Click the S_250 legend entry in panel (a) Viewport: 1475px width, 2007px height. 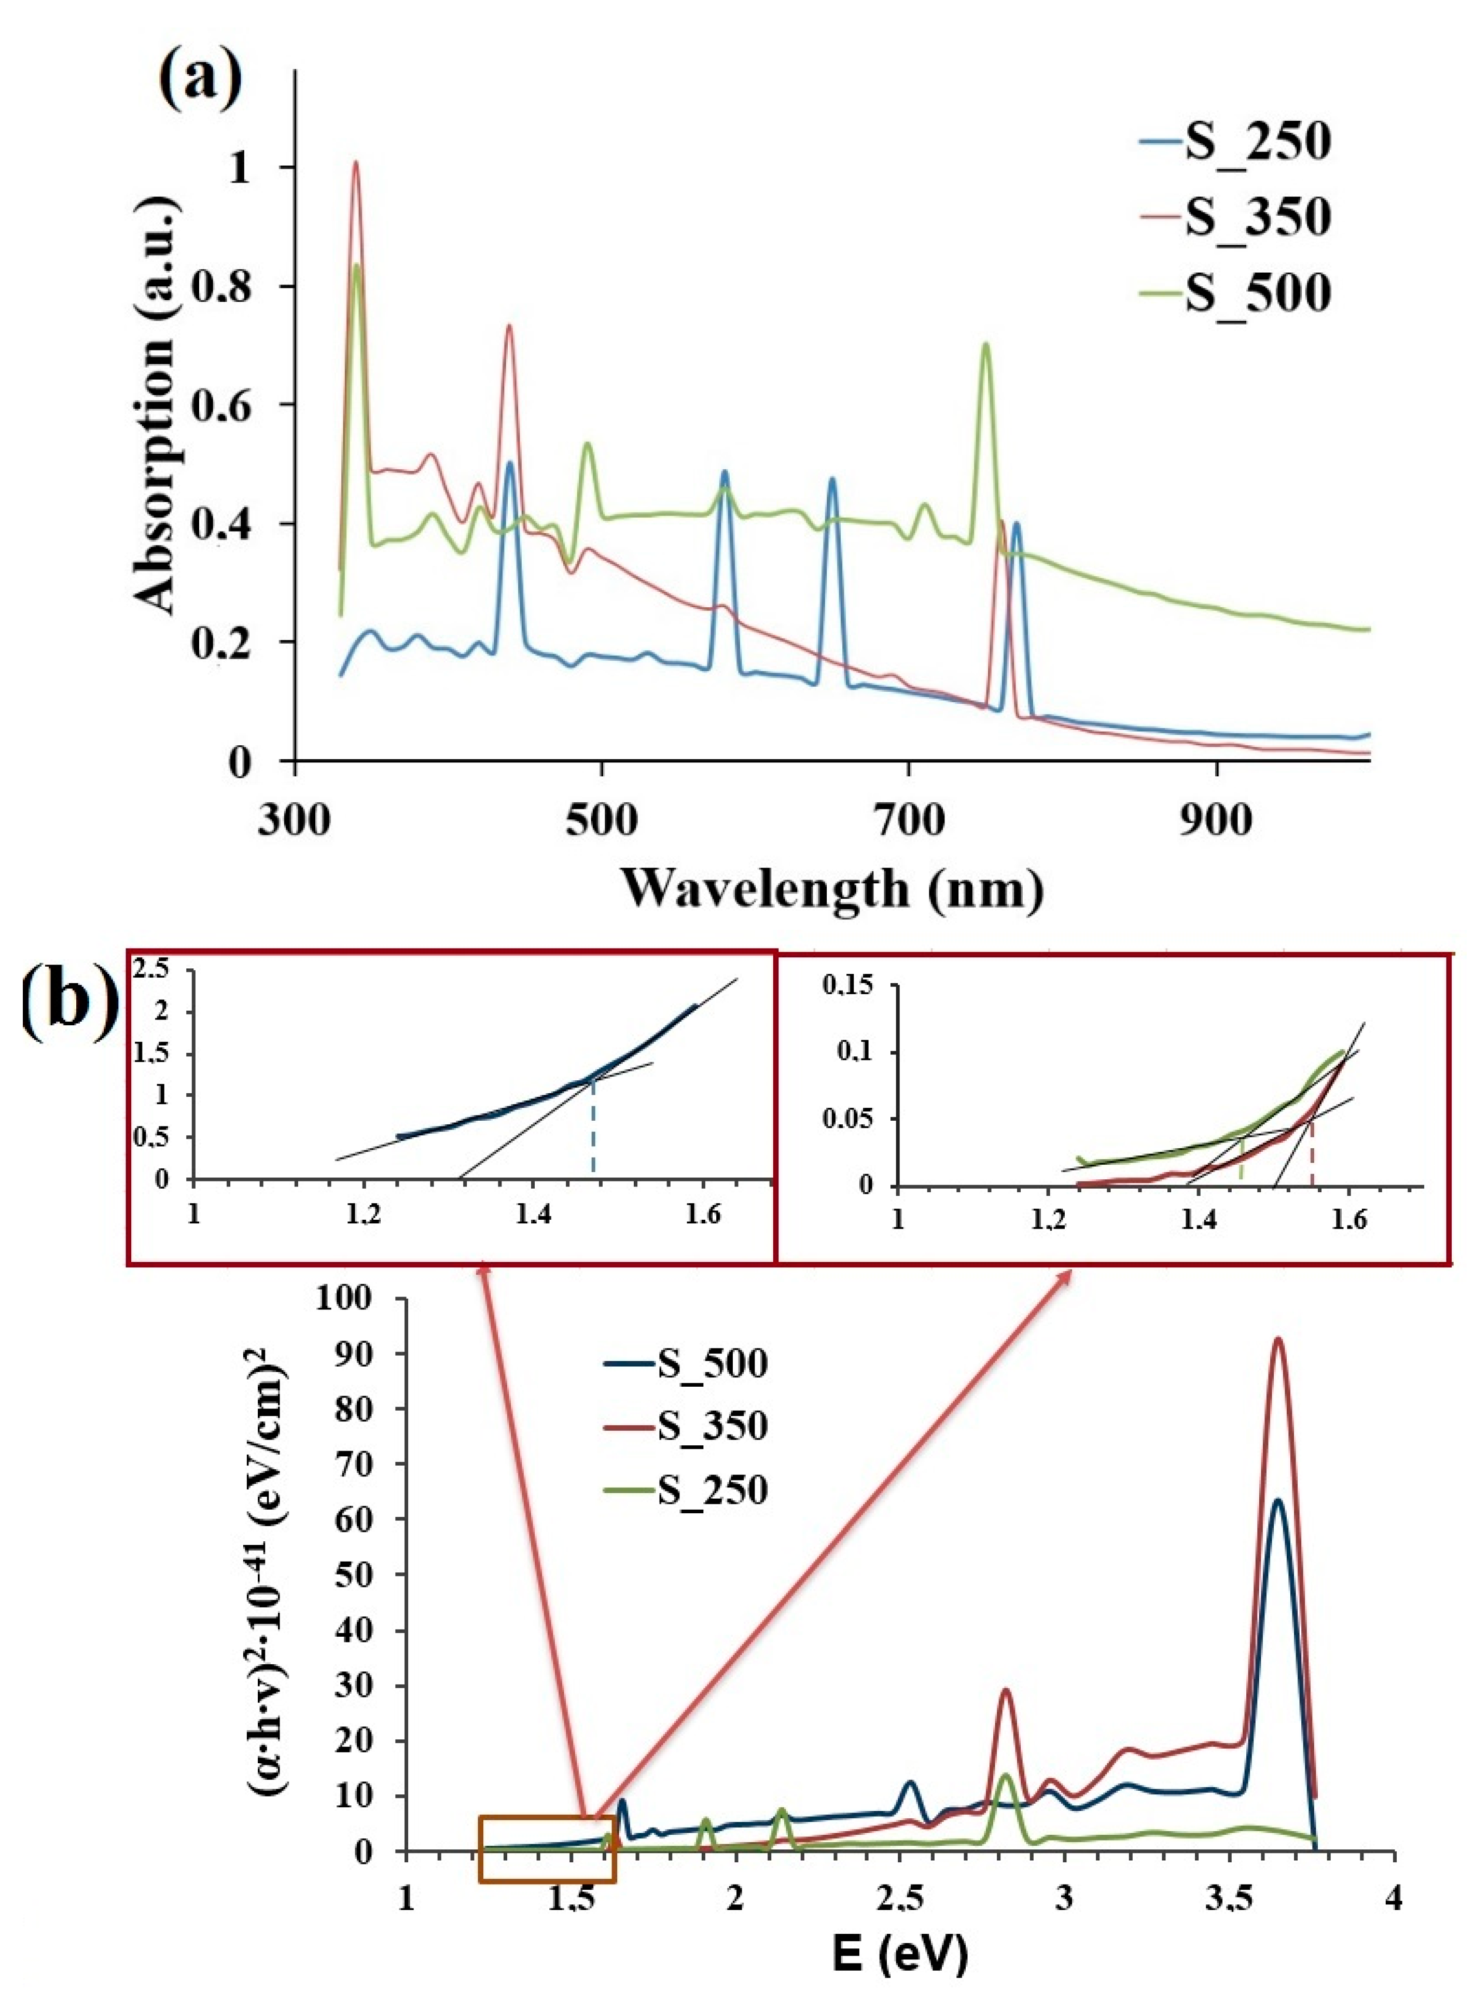(x=1236, y=143)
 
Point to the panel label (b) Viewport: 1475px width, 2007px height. (x=69, y=1007)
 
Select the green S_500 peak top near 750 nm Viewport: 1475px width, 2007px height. (x=986, y=345)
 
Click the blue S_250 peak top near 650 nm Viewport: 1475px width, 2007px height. (x=832, y=480)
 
